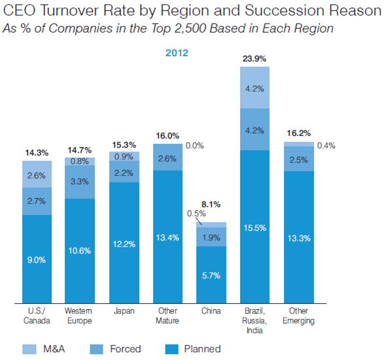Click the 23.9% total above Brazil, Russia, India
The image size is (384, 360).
(x=254, y=58)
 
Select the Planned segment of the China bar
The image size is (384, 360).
(x=211, y=275)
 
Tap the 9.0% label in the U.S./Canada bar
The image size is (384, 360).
(x=37, y=259)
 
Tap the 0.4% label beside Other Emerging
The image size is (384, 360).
(x=326, y=146)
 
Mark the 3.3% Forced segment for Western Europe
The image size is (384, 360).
(x=80, y=182)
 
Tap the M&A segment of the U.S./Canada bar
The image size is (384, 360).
(x=37, y=174)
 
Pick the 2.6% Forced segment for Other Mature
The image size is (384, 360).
(x=167, y=157)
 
